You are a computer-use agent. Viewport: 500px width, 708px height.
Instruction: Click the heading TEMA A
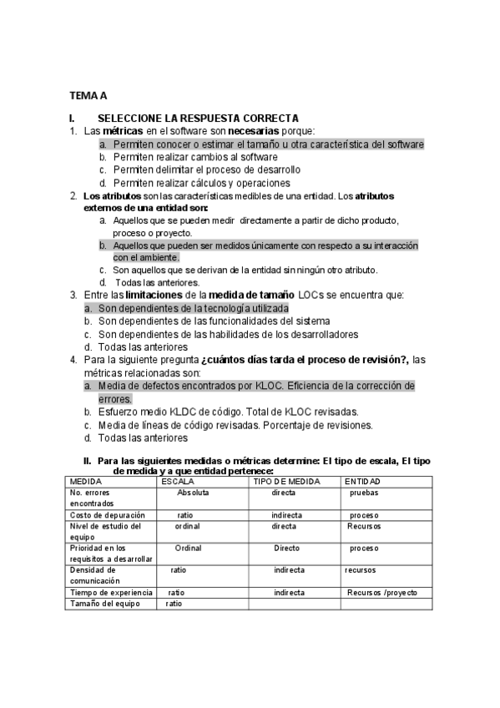tap(88, 96)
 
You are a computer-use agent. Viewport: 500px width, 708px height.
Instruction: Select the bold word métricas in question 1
tap(122, 131)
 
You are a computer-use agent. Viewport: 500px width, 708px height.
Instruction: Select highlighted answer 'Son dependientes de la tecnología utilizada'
tap(193, 308)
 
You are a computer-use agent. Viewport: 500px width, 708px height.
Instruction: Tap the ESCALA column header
tap(179, 482)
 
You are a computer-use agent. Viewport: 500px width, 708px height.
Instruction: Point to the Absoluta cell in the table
tap(193, 493)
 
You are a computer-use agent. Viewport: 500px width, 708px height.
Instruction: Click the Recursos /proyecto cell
tap(382, 592)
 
